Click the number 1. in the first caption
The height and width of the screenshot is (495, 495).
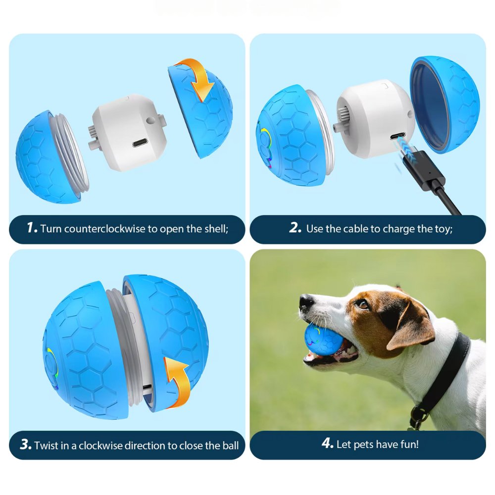[32, 228]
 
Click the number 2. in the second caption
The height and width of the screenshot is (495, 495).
[296, 228]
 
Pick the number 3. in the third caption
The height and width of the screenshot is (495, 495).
[26, 445]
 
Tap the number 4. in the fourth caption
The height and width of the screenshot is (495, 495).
[327, 444]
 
